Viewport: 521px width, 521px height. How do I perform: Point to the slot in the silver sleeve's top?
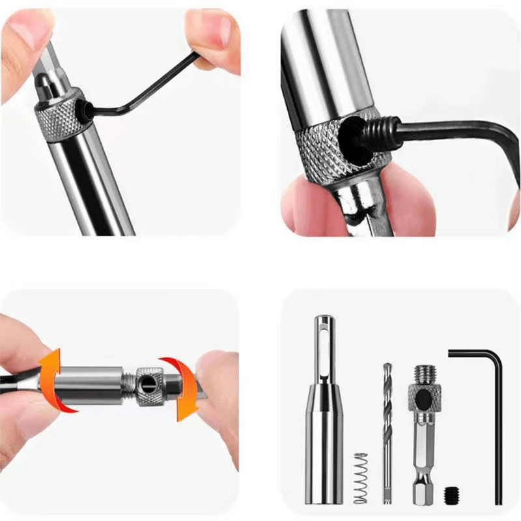[x=324, y=339]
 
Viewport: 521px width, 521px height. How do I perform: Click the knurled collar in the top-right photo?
[x=319, y=153]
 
